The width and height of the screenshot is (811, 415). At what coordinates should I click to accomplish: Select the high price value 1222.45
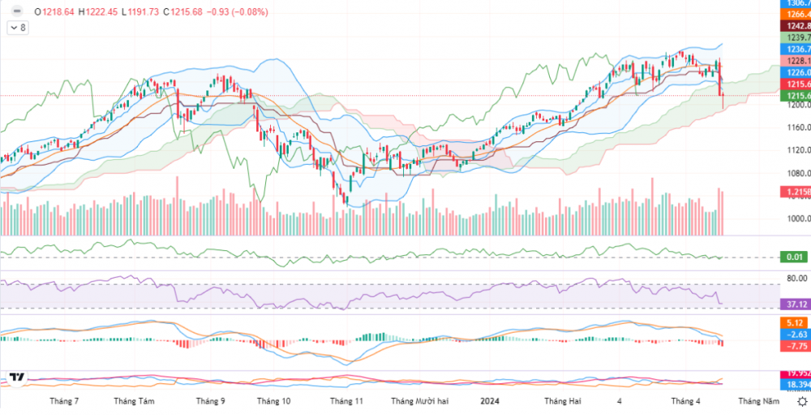pos(100,12)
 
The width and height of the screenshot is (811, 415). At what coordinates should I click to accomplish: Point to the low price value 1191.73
pos(140,12)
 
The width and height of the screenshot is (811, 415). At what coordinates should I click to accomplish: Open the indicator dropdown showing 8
pos(18,28)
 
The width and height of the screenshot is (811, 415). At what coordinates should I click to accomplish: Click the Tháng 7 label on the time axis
pos(64,401)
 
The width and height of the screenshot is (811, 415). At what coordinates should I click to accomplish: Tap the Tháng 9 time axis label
pos(210,401)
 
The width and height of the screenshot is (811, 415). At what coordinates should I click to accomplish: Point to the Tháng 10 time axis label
pos(273,401)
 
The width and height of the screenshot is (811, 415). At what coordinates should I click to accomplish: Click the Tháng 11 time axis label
pos(346,401)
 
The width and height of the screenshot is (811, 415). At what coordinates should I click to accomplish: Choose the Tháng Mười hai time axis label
pos(419,401)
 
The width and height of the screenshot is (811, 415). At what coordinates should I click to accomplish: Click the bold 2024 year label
pos(489,401)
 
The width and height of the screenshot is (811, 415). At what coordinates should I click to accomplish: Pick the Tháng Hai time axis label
pos(562,401)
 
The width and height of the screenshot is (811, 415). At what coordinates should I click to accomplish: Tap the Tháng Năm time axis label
pos(758,401)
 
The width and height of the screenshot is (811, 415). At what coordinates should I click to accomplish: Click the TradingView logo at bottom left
pos(16,378)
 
